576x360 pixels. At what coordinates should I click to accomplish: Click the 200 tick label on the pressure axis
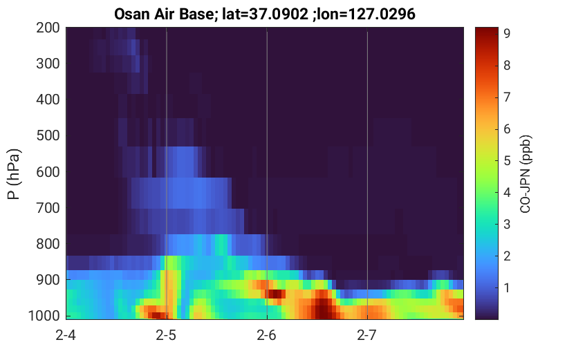click(48, 28)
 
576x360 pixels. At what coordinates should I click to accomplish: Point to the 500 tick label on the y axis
click(48, 135)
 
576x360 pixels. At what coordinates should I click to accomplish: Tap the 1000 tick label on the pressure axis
click(44, 315)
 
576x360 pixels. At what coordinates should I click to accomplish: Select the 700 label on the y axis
click(48, 208)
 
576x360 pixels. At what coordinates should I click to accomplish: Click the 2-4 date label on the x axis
click(66, 335)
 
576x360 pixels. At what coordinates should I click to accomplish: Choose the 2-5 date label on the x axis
click(166, 335)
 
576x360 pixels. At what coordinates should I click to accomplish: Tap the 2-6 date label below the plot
click(267, 335)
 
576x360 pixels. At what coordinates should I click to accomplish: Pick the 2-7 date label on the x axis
click(367, 335)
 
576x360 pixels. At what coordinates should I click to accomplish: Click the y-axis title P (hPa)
click(14, 174)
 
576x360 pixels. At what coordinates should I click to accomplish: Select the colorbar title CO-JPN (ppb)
click(526, 174)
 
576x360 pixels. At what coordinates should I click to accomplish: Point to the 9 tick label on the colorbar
click(507, 34)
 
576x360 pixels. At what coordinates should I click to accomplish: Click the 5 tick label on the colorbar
click(507, 161)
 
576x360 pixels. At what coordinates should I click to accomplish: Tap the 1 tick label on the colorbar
click(507, 287)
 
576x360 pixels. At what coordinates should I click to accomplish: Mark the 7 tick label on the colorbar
click(507, 97)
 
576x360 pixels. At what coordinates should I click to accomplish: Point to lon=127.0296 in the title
click(366, 14)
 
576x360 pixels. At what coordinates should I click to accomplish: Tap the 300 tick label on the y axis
click(48, 64)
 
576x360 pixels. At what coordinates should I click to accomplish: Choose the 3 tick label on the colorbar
click(507, 224)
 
